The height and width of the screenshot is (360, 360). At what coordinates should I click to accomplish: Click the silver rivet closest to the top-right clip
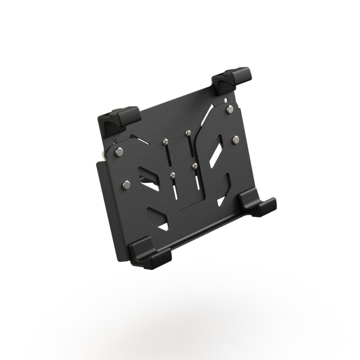(230, 109)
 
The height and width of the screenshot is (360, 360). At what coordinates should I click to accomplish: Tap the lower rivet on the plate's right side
(235, 139)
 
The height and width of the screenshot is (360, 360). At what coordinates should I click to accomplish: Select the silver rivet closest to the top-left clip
(120, 151)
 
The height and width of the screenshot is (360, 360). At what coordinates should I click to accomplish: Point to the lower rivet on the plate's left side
(126, 183)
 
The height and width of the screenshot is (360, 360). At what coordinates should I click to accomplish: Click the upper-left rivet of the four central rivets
(165, 142)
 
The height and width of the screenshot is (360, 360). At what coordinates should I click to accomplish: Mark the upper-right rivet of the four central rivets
(188, 132)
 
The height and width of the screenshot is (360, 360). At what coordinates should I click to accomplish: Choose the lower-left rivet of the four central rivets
(173, 175)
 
